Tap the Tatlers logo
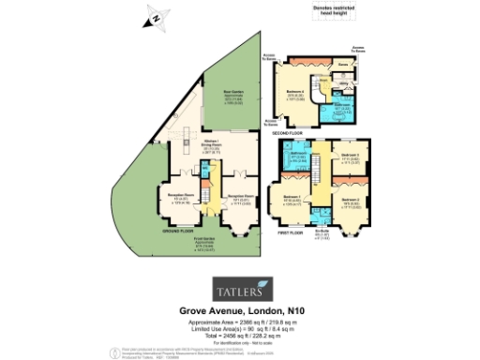pos(239,284)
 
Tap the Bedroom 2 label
pos(350,199)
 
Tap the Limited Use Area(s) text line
pos(239,324)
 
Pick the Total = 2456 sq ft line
pos(239,331)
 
